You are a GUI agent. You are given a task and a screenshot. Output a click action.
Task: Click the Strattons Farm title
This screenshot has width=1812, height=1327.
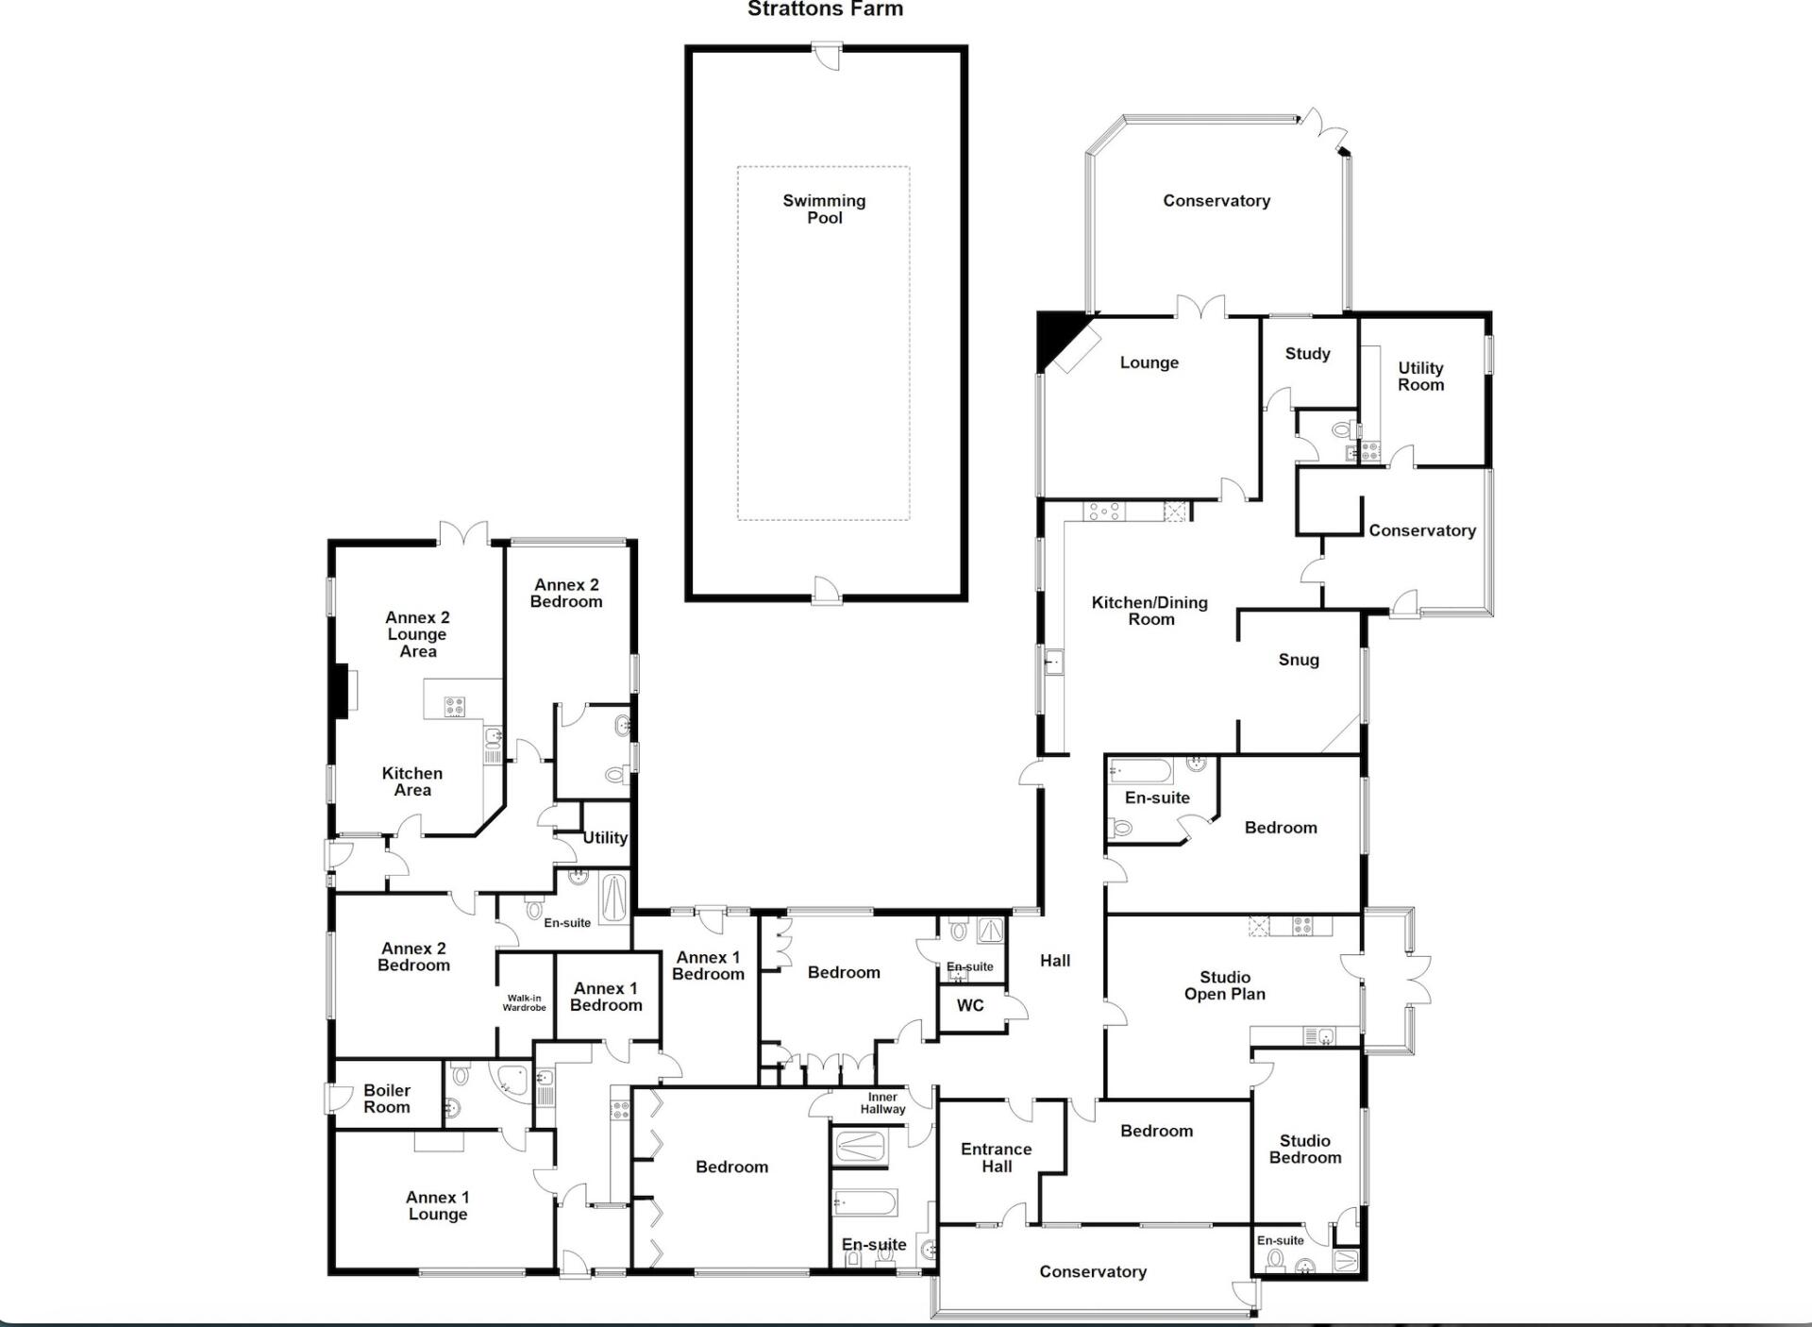825,9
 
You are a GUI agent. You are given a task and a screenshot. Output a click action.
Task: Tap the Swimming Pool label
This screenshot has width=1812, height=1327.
824,209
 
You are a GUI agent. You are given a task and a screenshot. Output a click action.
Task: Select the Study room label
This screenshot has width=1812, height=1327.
1307,354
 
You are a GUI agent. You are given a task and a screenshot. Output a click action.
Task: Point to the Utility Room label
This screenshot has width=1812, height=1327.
1420,376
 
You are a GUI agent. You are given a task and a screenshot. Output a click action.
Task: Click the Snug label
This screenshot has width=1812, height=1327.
1299,660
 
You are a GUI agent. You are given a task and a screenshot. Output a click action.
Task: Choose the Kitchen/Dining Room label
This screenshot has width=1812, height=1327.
1149,611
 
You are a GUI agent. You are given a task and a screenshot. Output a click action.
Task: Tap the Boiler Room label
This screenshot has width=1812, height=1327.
387,1099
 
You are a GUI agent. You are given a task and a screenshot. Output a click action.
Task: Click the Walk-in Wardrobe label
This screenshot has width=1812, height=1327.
524,1002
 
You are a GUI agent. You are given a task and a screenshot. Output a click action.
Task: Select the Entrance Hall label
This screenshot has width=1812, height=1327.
997,1157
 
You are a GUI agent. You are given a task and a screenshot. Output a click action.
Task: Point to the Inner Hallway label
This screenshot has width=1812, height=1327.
882,1103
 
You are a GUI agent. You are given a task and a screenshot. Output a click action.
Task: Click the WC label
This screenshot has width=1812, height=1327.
970,1005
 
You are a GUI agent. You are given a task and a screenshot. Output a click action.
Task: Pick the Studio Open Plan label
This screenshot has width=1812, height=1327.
1225,985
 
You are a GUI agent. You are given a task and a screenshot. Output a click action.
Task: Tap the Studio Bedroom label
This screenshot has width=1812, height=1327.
1305,1150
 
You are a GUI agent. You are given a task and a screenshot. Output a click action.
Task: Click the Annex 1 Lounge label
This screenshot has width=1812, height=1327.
438,1205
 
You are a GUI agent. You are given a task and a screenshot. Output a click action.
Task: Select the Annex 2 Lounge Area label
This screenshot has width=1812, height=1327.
417,634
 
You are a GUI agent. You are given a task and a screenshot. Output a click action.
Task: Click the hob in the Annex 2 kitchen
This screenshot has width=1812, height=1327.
455,707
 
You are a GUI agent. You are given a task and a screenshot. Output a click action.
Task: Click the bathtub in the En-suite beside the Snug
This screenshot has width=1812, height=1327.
1141,771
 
